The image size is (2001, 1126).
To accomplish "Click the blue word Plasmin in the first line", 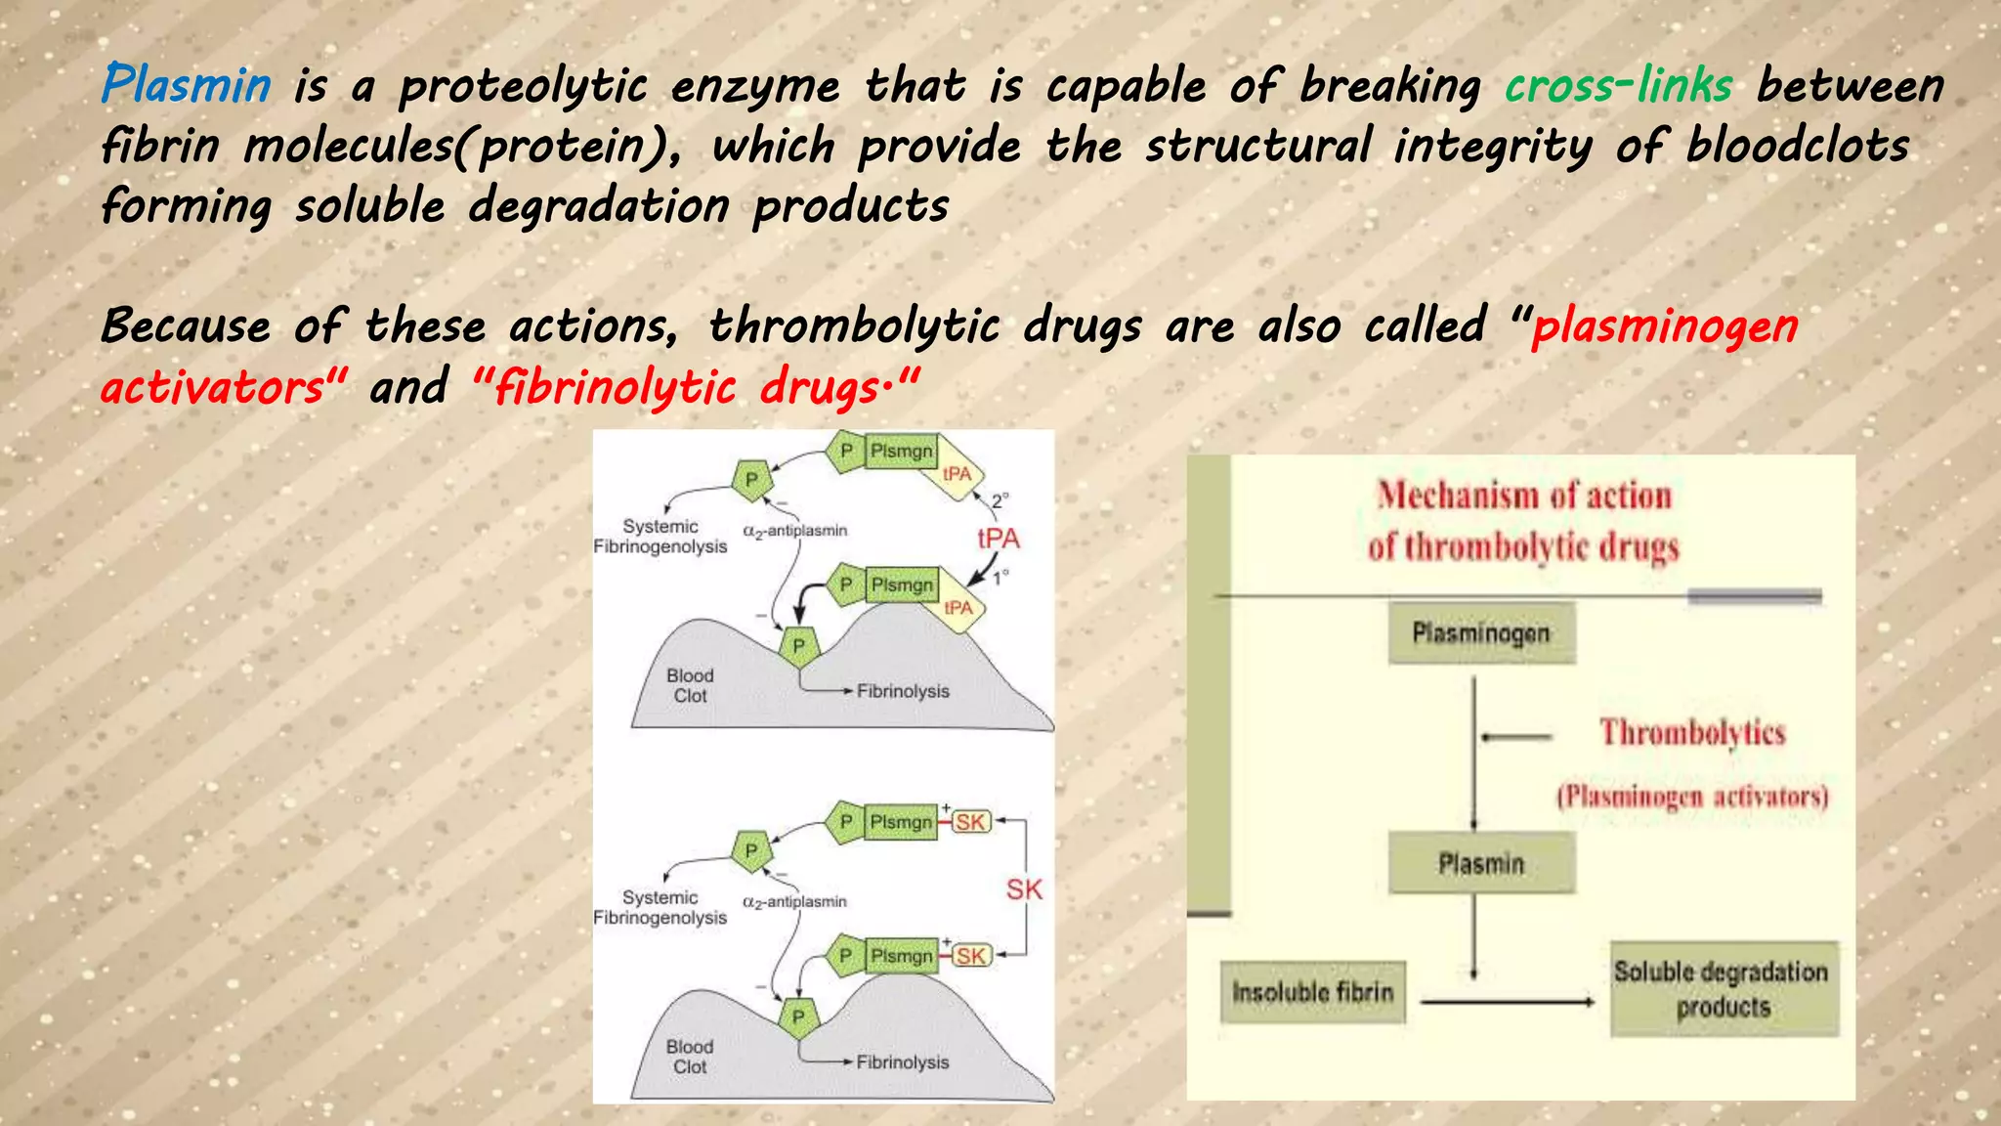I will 186,84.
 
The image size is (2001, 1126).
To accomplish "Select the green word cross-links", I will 1618,85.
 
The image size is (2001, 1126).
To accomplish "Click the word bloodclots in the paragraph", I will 1797,146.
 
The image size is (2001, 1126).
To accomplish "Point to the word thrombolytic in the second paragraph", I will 854,326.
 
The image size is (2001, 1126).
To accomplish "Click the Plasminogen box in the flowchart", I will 1481,633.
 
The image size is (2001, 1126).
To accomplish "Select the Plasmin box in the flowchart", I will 1481,863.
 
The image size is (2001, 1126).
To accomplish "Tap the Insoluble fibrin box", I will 1312,992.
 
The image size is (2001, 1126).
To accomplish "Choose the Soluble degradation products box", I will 1724,989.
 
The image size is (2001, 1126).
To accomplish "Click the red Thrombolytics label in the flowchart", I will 1692,732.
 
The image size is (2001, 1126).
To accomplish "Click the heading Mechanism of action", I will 1524,496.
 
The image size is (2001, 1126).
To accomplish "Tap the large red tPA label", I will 999,539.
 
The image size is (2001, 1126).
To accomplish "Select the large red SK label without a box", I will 1024,889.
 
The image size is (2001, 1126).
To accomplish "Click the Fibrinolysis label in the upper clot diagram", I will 903,691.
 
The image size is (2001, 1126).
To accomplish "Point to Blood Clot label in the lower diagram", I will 690,1057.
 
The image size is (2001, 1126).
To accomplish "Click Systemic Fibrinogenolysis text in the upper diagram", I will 660,537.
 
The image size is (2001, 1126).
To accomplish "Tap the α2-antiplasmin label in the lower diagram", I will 794,902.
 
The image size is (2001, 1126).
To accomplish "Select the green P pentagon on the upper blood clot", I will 799,646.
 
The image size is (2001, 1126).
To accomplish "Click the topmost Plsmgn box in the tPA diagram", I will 901,452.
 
